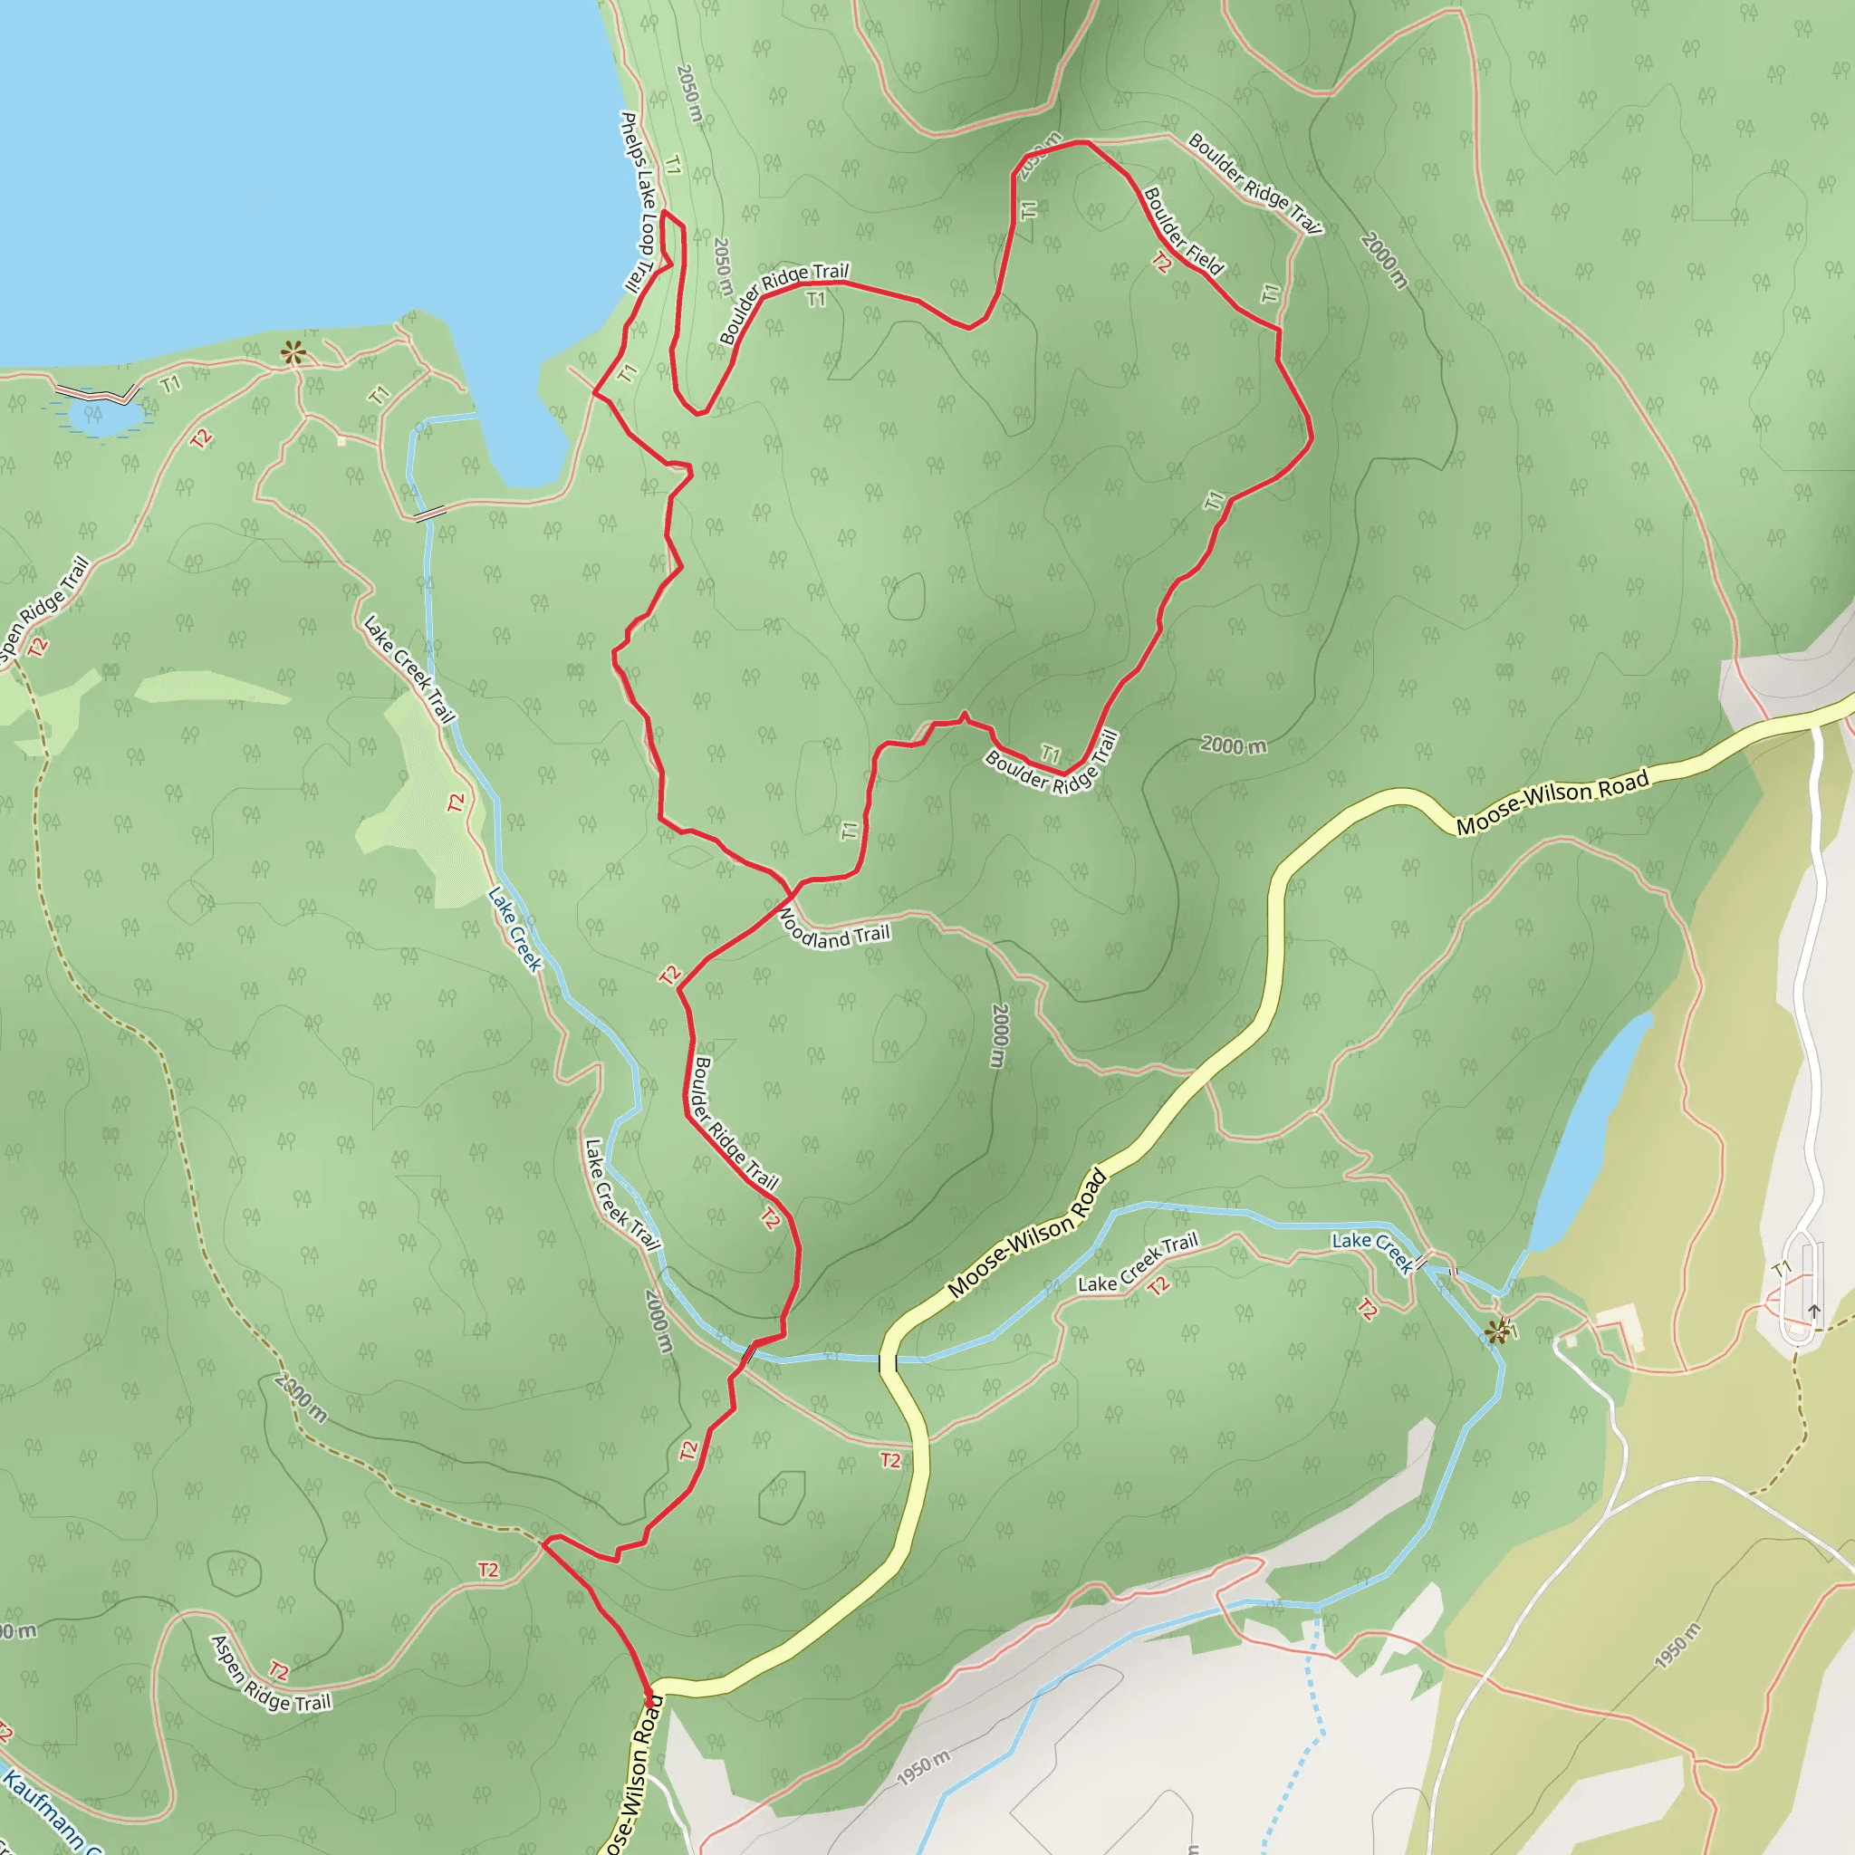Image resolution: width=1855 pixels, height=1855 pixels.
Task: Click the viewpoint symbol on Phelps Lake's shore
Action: (x=293, y=352)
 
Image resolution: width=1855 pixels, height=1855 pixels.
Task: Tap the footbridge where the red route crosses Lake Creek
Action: (x=746, y=1355)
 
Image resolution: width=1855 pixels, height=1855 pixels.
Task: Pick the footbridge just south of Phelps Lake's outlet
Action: (x=429, y=513)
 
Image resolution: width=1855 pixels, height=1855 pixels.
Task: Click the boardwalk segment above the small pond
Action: (x=96, y=394)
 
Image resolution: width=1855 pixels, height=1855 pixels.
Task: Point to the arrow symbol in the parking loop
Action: (x=1813, y=1310)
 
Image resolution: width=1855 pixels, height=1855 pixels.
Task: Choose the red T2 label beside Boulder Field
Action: (x=1161, y=262)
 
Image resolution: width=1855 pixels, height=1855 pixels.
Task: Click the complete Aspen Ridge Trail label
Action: (x=270, y=1676)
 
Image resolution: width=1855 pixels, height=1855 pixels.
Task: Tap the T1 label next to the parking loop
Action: (x=1783, y=1269)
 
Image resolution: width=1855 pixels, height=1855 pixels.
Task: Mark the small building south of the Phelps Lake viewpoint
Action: (x=341, y=441)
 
